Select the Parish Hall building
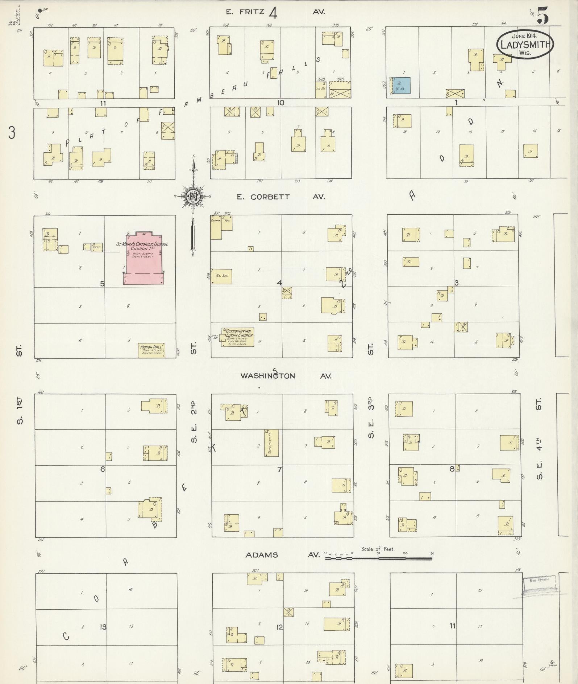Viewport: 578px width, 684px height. point(151,350)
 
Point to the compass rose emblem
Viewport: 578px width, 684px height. point(192,197)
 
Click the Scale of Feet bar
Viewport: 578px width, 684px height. point(379,559)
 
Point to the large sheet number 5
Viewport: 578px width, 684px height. point(542,16)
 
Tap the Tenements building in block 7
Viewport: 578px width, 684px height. point(271,443)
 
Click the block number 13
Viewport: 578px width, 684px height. point(103,627)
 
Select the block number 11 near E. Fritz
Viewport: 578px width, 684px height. point(103,103)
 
